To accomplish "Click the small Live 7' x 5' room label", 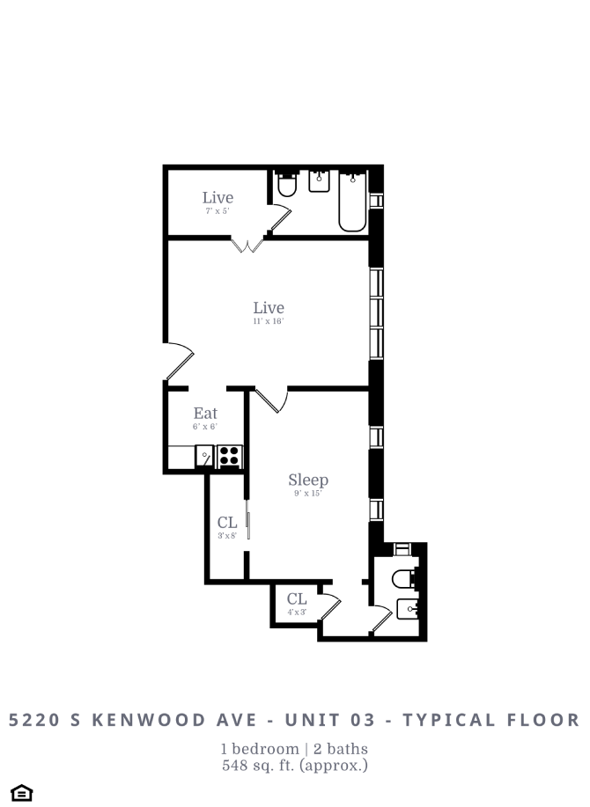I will (218, 202).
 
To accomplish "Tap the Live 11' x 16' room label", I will (269, 312).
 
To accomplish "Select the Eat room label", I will (205, 417).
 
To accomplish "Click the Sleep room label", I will (308, 483).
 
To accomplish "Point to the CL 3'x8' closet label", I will (227, 527).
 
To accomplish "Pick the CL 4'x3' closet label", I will (297, 604).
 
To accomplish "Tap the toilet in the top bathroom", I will (287, 185).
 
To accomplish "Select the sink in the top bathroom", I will (319, 182).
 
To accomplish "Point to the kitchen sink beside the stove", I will (204, 457).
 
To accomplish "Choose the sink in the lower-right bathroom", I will (408, 609).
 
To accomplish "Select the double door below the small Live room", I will (247, 245).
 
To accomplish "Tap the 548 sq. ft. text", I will (294, 766).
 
